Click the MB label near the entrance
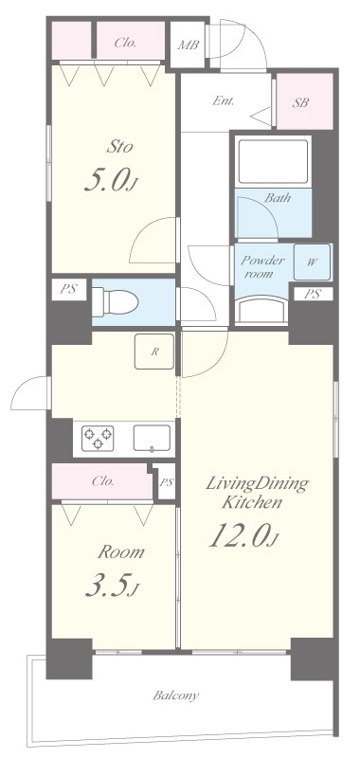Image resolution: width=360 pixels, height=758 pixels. pyautogui.click(x=188, y=45)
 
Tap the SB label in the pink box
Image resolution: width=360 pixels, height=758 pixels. pyautogui.click(x=300, y=102)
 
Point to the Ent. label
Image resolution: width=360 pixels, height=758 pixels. pyautogui.click(x=224, y=101)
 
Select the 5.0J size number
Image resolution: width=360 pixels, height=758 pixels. pyautogui.click(x=111, y=181)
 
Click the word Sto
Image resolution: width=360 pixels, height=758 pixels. pyautogui.click(x=118, y=147)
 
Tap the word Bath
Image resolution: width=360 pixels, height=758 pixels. pyautogui.click(x=278, y=197)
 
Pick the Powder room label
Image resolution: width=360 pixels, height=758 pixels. pyautogui.click(x=262, y=266)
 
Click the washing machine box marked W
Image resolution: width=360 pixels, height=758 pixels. pyautogui.click(x=313, y=262)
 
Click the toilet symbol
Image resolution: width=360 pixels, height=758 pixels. pyautogui.click(x=115, y=301)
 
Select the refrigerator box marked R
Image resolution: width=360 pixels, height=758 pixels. pyautogui.click(x=154, y=352)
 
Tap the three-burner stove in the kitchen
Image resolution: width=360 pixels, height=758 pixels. pyautogui.click(x=98, y=438)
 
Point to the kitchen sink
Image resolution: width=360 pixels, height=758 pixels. pyautogui.click(x=152, y=438)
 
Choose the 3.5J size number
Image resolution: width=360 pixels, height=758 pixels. pyautogui.click(x=112, y=587)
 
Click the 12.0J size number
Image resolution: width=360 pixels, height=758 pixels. pyautogui.click(x=245, y=535)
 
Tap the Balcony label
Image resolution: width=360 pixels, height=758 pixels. pyautogui.click(x=176, y=696)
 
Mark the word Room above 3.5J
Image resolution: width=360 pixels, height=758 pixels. pyautogui.click(x=121, y=552)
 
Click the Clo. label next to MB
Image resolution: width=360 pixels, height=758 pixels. pyautogui.click(x=125, y=43)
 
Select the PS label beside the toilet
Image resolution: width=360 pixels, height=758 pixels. pyautogui.click(x=67, y=290)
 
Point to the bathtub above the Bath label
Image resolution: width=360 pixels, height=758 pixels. pyautogui.click(x=274, y=161)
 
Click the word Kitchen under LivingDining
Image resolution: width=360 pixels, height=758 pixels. pyautogui.click(x=251, y=503)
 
